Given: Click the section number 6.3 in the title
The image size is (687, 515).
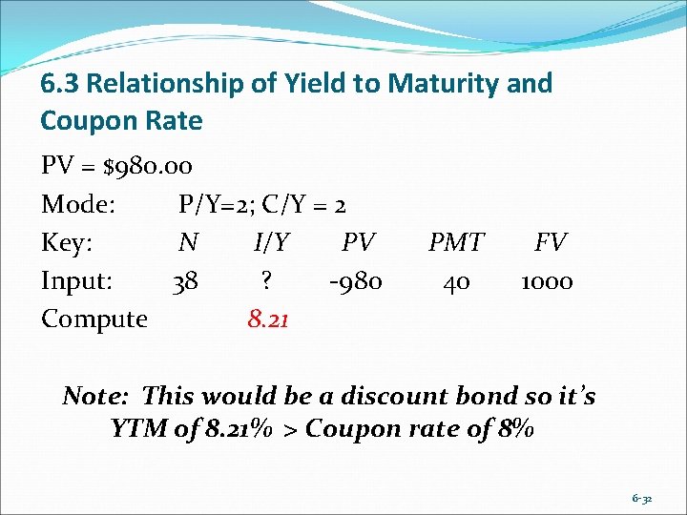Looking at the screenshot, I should pos(59,84).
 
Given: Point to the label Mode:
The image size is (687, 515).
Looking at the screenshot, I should pos(78,205).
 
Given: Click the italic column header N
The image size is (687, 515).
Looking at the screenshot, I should pos(188,243).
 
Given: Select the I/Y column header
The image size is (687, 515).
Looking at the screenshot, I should pos(272,243).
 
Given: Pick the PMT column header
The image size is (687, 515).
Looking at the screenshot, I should pos(456,243).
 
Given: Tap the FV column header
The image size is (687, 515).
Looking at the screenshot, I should pos(550,243).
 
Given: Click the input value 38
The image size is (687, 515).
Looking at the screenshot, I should pos(185,281).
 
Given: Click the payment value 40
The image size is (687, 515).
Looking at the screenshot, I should pos(456,281).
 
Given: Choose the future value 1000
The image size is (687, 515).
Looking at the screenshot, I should pos(547,281).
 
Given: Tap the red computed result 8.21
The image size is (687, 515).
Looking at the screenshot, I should pos(269,319).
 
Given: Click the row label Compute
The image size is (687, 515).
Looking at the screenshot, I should pos(94,319).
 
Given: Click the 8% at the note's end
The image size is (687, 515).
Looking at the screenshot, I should pos(513,429).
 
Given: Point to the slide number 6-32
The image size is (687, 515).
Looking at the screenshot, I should pos(643,499).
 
